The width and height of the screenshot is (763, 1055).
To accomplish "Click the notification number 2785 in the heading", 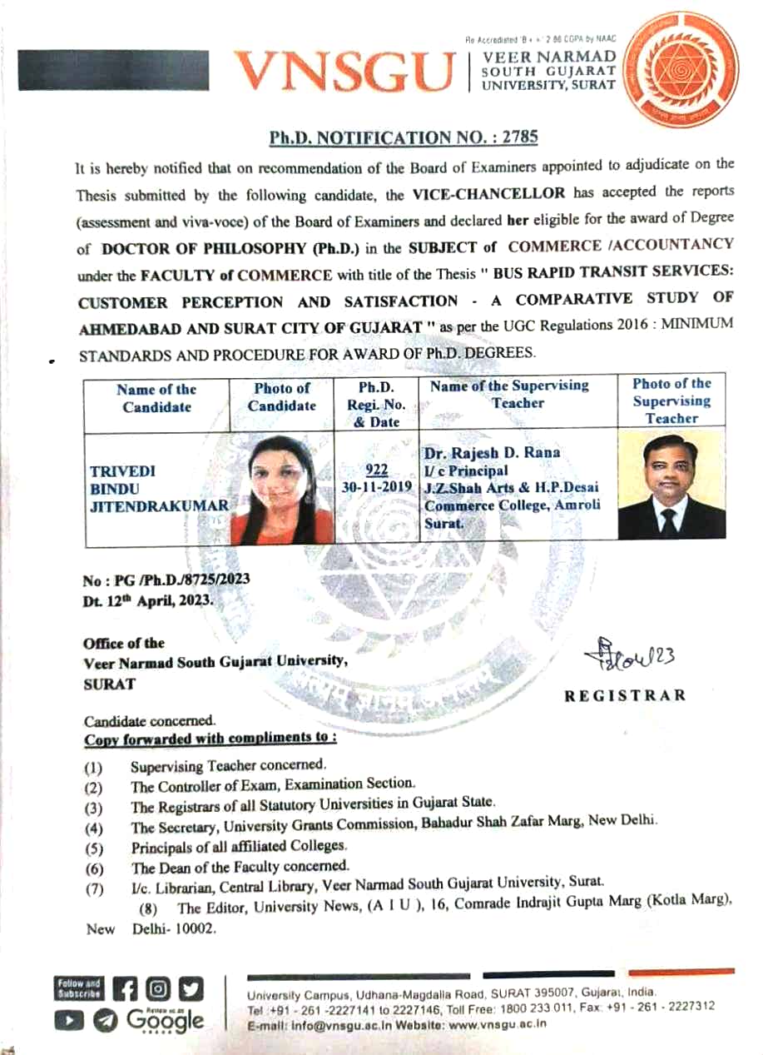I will coord(521,136).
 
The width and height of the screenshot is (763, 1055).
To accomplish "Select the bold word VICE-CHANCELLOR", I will coord(488,192).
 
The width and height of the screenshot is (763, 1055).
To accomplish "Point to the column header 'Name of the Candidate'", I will coord(156,398).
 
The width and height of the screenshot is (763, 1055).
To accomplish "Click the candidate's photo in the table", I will coord(282,490).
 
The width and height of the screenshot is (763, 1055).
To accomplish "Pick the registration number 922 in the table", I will coord(378,468).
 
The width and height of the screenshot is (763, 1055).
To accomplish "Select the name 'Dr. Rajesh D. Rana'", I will coord(492,453).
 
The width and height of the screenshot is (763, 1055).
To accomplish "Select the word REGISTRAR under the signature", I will coord(625,695).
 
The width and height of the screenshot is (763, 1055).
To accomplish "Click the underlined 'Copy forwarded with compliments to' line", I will coord(210,739).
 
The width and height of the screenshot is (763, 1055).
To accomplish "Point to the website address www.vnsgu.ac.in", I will coord(497,1023).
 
